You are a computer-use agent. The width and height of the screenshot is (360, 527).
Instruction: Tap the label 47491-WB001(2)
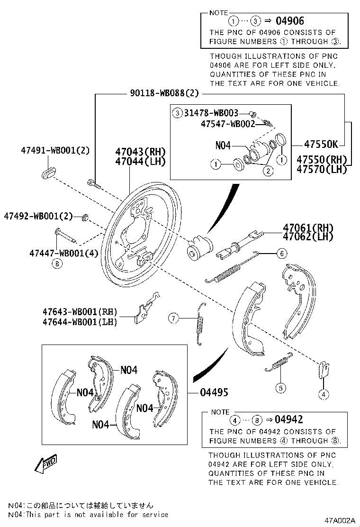[55, 151]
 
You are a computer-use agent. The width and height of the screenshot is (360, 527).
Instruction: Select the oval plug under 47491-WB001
[48, 173]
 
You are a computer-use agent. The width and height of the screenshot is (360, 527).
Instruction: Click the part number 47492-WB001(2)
[38, 216]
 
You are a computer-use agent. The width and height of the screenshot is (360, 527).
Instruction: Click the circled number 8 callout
[57, 264]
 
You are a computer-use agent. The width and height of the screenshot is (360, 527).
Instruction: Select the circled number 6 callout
[281, 254]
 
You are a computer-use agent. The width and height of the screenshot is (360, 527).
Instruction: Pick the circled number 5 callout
[281, 388]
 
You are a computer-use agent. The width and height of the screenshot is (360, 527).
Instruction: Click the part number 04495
[214, 392]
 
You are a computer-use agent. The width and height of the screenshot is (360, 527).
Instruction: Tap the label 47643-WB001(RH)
[79, 312]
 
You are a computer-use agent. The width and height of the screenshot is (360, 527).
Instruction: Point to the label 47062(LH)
[308, 236]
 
